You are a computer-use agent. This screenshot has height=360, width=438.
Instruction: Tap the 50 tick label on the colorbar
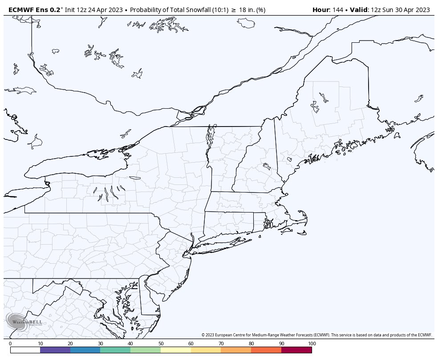pyautogui.click(x=161, y=344)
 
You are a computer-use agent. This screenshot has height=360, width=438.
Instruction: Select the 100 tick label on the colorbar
pyautogui.click(x=312, y=344)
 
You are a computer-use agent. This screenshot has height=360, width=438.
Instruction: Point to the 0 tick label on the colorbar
pyautogui.click(x=10, y=344)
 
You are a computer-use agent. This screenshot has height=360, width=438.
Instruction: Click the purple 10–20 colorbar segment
pyautogui.click(x=55, y=350)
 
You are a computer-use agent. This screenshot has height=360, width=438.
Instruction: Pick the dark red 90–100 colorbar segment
pyautogui.click(x=296, y=350)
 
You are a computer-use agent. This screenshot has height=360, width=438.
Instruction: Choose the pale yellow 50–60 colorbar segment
pyautogui.click(x=176, y=350)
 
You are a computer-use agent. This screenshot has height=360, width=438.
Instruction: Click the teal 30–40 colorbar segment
pyautogui.click(x=115, y=350)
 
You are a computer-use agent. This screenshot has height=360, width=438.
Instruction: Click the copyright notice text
pyautogui.click(x=316, y=335)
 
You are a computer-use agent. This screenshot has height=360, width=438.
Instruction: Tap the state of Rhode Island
pyautogui.click(x=259, y=223)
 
